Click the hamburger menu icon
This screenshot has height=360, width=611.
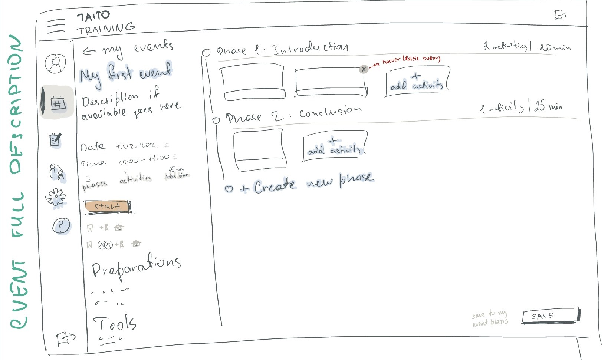pos(56,26)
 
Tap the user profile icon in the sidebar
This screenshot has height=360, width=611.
pos(55,63)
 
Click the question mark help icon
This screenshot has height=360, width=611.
pos(61,225)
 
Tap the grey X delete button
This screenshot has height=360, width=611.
pos(364,69)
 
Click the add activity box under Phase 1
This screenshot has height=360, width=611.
pos(417,82)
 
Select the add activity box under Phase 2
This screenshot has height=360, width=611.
pos(334,146)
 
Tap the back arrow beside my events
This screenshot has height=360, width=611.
pos(89,51)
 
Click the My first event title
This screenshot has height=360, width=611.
pos(125,73)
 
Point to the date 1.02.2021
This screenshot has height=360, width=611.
pos(137,146)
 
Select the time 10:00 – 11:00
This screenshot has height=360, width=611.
pos(144,159)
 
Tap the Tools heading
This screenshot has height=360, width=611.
pos(115,323)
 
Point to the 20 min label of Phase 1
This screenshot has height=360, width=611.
pos(555,47)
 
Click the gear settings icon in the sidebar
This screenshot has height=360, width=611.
pos(56,197)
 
